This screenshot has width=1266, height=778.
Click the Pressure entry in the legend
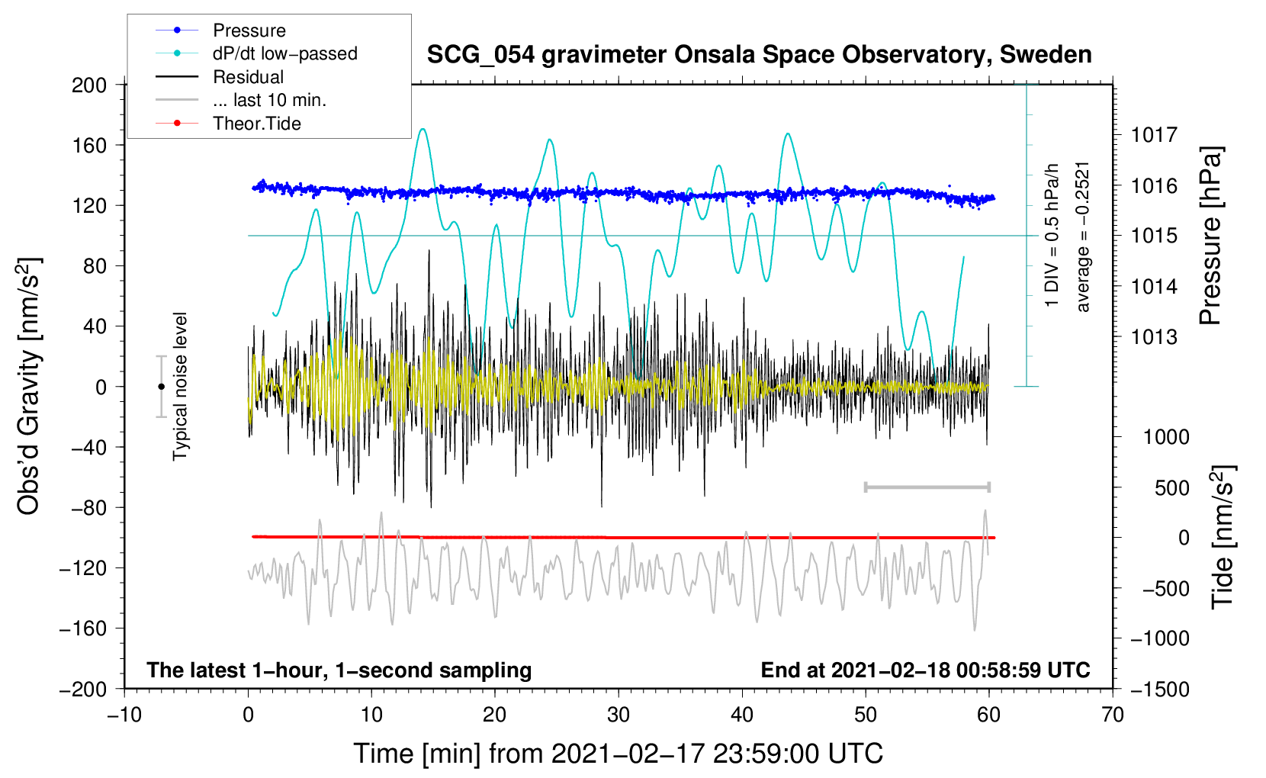(249, 31)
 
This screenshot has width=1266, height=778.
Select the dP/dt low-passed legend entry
(284, 53)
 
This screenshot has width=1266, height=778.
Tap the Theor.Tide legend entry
(256, 124)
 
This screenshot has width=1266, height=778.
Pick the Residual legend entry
(248, 77)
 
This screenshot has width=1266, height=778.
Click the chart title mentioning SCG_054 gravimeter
(759, 55)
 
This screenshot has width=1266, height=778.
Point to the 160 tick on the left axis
(88, 145)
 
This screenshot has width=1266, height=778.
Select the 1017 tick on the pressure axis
(1154, 135)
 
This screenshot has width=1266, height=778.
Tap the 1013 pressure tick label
(1154, 337)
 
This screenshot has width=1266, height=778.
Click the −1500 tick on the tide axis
(1160, 689)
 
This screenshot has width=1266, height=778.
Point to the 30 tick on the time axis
(619, 715)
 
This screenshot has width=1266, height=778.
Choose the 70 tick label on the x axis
(1113, 715)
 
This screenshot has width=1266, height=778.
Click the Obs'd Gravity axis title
(29, 386)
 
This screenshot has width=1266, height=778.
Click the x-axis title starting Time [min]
(618, 754)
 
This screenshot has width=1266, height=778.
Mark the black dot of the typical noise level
(161, 387)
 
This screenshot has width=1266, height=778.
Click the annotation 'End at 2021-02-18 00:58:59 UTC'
(925, 670)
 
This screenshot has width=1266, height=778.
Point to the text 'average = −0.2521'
(1083, 236)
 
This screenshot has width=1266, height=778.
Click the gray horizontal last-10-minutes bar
(927, 487)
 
